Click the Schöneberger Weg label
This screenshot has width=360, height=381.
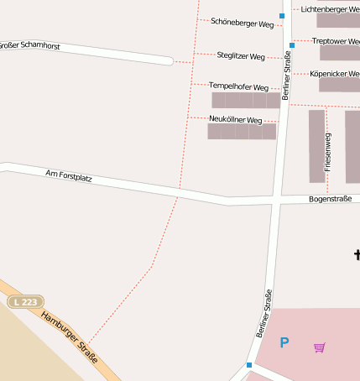243,23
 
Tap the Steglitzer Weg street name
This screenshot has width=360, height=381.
241,56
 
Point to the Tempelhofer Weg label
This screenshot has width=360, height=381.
238,87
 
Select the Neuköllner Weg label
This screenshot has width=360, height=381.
236,120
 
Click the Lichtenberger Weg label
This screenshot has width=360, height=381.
330,9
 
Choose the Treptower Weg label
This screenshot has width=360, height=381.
336,41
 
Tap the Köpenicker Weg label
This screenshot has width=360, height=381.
334,74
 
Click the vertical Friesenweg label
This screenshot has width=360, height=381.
328,152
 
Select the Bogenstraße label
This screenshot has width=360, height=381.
328,200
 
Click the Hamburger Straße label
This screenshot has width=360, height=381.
70,337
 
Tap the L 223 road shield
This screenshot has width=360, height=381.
25,301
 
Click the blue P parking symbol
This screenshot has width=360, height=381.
284,342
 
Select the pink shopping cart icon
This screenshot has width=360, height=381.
320,347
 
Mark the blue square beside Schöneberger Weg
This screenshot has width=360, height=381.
282,16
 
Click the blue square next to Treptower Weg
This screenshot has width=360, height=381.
292,44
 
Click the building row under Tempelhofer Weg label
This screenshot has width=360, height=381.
245,101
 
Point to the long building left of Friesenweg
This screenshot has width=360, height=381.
316,146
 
